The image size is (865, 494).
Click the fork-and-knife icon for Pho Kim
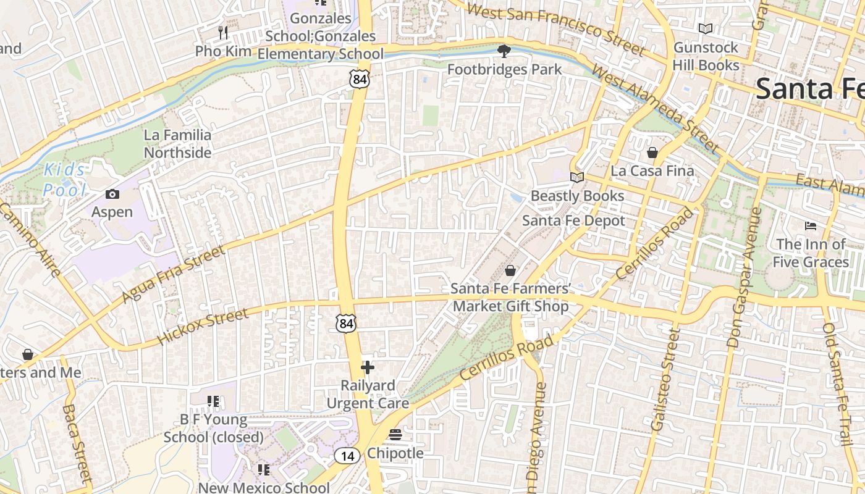(x=224, y=32)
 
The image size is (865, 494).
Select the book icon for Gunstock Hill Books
(x=706, y=28)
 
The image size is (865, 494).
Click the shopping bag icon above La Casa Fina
(x=652, y=152)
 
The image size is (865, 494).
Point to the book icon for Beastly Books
(x=577, y=178)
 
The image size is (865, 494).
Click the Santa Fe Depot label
(x=573, y=220)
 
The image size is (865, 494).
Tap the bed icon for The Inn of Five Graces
(x=811, y=225)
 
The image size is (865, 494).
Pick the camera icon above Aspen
(x=112, y=194)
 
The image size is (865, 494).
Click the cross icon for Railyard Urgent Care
(x=368, y=367)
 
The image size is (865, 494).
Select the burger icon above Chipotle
(x=395, y=435)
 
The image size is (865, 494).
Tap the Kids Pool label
(x=65, y=180)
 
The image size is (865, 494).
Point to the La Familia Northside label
(x=177, y=143)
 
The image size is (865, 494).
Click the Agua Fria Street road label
(x=174, y=274)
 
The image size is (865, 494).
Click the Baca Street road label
(x=77, y=443)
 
